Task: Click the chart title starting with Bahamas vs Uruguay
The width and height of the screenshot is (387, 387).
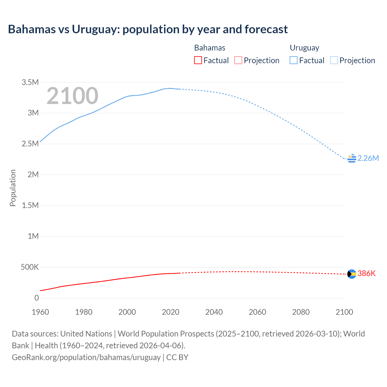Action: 148,29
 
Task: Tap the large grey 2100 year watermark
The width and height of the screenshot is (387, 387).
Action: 73,96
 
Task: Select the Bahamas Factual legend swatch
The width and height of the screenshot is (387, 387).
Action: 198,60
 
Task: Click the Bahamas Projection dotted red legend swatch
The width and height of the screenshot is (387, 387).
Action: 238,60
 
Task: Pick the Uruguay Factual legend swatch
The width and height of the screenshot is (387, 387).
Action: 294,60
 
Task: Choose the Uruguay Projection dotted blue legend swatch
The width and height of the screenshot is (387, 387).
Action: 334,60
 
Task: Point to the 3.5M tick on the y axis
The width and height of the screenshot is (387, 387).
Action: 30,82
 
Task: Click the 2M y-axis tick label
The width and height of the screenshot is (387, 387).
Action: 33,174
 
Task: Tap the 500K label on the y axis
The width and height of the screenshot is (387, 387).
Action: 30,267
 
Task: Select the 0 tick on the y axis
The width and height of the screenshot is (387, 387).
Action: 37,298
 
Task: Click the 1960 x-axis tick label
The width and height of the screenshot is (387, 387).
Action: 40,312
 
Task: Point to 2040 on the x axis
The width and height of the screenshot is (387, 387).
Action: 214,312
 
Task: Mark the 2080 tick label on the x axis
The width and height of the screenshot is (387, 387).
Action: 301,312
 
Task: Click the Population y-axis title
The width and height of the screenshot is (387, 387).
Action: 13,188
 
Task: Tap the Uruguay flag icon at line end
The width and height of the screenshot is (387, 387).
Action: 352,158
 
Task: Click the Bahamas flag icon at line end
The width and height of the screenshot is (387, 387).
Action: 352,274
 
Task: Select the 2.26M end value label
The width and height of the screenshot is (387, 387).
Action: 368,158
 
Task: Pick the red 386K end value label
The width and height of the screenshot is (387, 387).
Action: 366,274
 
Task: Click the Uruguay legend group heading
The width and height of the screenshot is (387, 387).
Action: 304,48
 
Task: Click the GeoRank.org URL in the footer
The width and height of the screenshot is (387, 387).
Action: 86,357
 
